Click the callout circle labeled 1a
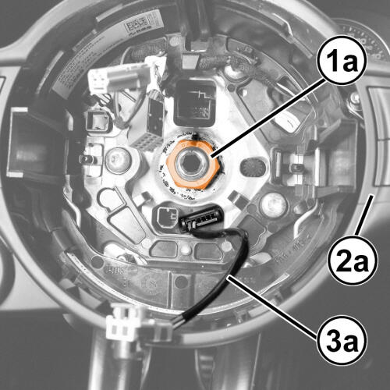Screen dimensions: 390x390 point(342,60)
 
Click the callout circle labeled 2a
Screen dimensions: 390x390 point(353,260)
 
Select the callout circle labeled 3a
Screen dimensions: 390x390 point(342,340)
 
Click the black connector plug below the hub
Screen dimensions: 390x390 point(202,218)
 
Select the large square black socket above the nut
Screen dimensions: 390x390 point(195,103)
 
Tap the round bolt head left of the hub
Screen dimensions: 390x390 point(119,161)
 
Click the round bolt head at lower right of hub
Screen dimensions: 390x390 point(274,205)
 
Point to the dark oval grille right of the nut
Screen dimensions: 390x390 point(255,167)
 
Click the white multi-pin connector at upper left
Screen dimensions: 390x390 point(119,78)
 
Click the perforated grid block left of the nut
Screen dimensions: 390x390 point(146,142)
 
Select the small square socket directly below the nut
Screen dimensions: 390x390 point(166,218)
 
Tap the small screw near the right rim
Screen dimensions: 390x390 point(354,98)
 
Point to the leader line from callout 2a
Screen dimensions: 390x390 point(364,216)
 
